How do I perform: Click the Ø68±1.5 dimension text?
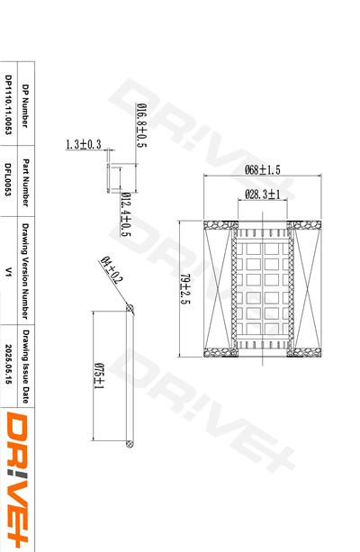click(x=263, y=169)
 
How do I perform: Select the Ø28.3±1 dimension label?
click(x=263, y=194)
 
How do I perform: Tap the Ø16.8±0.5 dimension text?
click(x=141, y=126)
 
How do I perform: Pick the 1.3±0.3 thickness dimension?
click(x=84, y=144)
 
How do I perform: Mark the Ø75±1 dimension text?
click(x=98, y=376)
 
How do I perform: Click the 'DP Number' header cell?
click(x=25, y=106)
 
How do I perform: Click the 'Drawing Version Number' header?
click(x=25, y=270)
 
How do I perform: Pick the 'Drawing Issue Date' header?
click(x=25, y=364)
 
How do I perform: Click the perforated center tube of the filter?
click(x=263, y=288)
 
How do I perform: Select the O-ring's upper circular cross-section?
click(x=130, y=309)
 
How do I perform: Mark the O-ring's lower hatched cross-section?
click(x=130, y=443)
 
